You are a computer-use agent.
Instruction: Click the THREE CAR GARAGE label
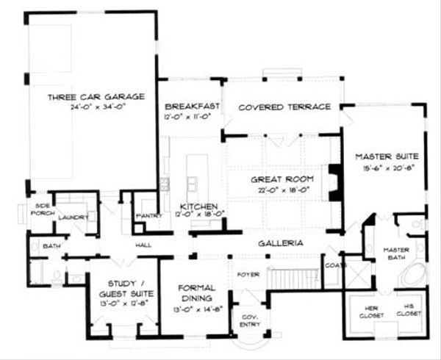click(96, 96)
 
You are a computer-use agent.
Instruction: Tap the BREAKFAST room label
click(193, 106)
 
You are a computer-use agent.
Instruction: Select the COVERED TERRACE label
click(284, 107)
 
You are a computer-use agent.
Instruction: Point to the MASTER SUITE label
click(387, 156)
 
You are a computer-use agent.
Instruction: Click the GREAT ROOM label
click(283, 179)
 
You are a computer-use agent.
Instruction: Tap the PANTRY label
click(148, 217)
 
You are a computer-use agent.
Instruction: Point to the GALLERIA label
click(282, 242)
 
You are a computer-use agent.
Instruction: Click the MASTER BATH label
click(396, 253)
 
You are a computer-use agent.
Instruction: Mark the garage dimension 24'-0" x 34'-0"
click(96, 107)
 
